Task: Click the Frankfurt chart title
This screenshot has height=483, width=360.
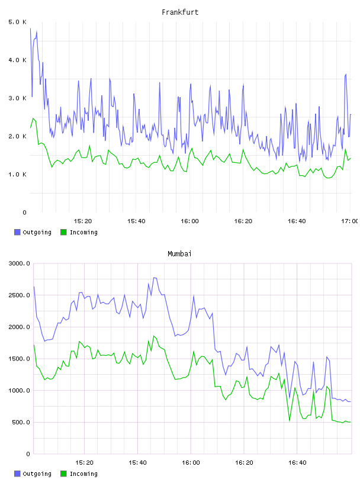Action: [x=180, y=12]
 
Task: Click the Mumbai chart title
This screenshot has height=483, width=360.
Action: [x=179, y=254]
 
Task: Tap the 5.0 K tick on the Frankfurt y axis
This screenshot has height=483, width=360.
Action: [x=17, y=22]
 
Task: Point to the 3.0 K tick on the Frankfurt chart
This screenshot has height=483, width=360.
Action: [x=17, y=98]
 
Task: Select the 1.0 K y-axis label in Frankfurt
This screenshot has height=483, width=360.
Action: [x=17, y=175]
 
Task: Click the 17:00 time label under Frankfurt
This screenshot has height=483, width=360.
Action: [x=349, y=221]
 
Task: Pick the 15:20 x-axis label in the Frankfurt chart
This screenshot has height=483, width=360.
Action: [x=83, y=221]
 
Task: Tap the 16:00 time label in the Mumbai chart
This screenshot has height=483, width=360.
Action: [x=191, y=463]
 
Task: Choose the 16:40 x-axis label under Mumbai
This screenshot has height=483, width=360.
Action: [x=297, y=463]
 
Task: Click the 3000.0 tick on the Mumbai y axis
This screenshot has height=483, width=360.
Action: [x=20, y=263]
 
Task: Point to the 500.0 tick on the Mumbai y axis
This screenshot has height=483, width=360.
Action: [x=21, y=422]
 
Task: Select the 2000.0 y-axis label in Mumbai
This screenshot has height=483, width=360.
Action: [x=20, y=327]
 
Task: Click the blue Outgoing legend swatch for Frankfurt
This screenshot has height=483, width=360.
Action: [x=17, y=232]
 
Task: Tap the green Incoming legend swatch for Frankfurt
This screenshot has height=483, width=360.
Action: [x=63, y=232]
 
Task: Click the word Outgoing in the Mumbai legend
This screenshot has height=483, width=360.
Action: [x=37, y=474]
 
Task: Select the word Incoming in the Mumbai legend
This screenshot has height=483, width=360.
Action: [x=83, y=474]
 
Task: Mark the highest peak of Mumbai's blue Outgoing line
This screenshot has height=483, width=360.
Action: [x=154, y=278]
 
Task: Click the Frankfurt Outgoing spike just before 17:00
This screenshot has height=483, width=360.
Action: [x=346, y=74]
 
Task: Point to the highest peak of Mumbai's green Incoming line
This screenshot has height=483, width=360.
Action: [x=154, y=336]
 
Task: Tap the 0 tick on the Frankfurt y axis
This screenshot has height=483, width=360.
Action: [x=24, y=212]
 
